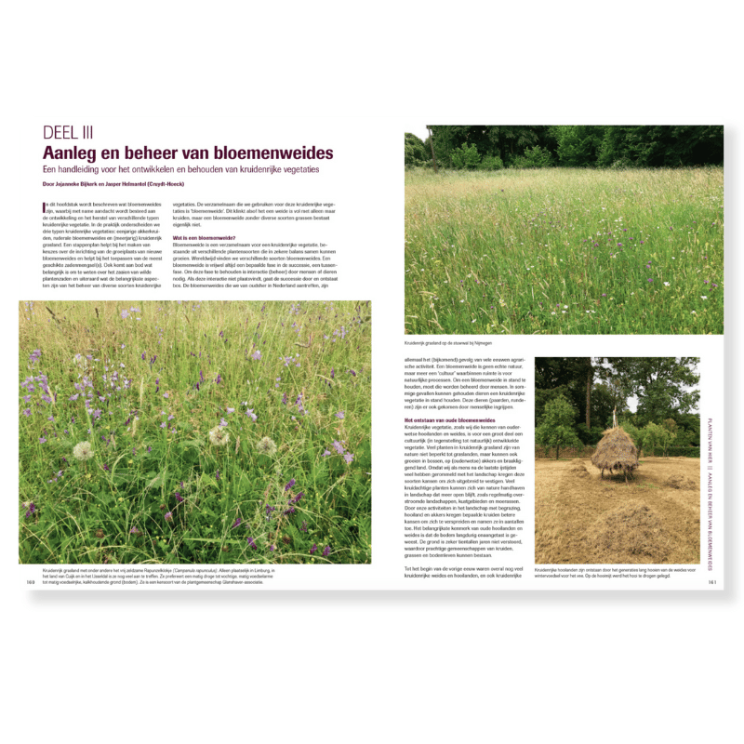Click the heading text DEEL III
(72, 132)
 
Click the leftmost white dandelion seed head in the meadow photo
(85, 449)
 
